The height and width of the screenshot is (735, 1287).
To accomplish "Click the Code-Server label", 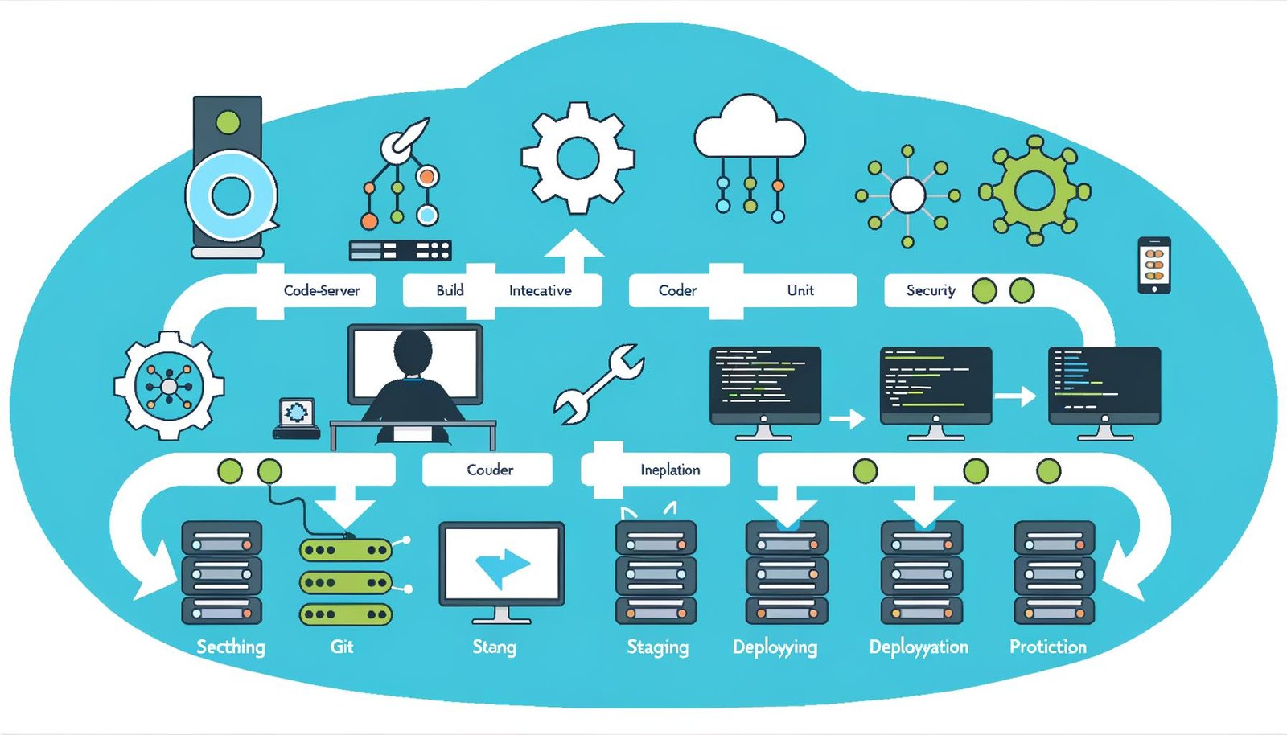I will click(321, 290).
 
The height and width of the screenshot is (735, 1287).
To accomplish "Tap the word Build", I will click(450, 290).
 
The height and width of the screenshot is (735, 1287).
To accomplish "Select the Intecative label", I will click(540, 290).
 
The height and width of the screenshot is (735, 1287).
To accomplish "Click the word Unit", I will click(800, 290).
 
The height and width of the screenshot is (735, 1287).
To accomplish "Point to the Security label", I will click(931, 290).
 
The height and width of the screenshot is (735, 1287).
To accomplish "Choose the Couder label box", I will click(489, 470).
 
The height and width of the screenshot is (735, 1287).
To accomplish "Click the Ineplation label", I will click(669, 470).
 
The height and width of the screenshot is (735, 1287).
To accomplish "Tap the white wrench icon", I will click(599, 384).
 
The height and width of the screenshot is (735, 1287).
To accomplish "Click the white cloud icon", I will click(749, 129).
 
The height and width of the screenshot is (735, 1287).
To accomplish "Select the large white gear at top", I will click(578, 158).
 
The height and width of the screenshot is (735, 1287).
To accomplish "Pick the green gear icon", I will click(1034, 191).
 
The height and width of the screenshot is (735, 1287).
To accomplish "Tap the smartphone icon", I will click(1153, 265).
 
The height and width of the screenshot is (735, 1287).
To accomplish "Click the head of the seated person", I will click(413, 351).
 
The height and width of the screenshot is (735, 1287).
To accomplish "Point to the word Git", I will click(342, 647).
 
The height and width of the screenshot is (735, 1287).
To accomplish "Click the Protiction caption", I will click(1047, 647).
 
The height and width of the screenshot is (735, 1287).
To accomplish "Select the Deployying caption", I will click(775, 647).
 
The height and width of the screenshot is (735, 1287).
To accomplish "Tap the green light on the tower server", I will click(228, 123).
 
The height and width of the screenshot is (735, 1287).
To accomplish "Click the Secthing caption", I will click(231, 647).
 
